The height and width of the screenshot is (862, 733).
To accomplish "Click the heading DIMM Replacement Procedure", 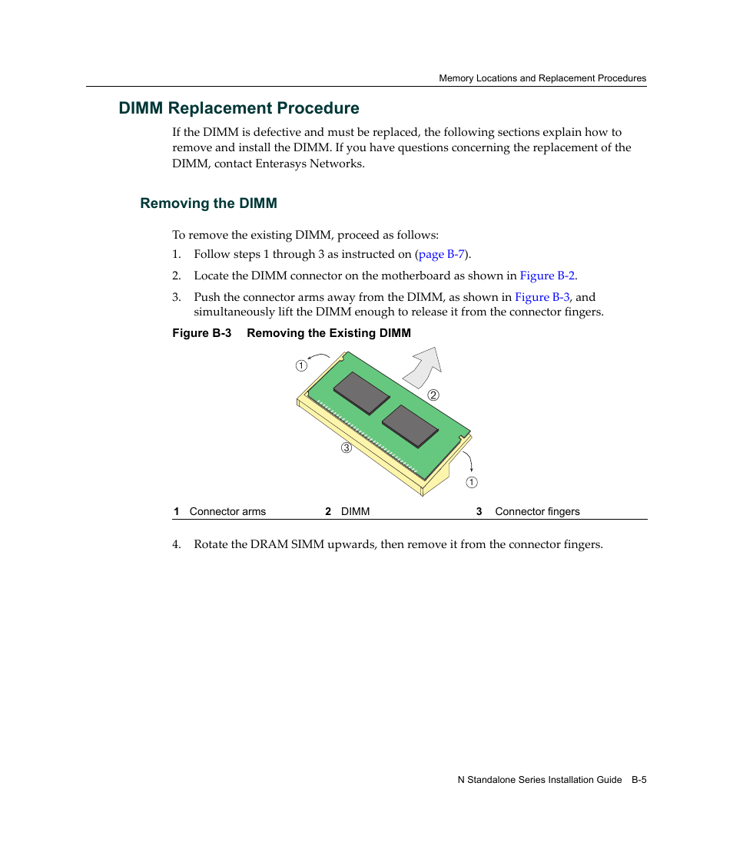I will [x=239, y=108].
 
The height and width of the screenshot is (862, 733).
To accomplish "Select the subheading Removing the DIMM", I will [x=208, y=203].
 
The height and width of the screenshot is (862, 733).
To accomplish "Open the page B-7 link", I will [x=441, y=254].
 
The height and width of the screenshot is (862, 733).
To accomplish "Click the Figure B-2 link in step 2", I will [x=547, y=276].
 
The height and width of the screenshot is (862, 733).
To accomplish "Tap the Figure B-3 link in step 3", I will [x=542, y=297].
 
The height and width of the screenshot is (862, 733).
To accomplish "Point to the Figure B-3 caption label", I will [x=201, y=333].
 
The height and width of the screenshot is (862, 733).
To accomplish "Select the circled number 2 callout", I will [x=433, y=395].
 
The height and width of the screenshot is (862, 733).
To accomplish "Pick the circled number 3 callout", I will [x=347, y=448].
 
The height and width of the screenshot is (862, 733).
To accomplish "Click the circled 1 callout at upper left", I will [x=302, y=366].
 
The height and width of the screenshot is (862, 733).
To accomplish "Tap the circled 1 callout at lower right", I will [x=472, y=483].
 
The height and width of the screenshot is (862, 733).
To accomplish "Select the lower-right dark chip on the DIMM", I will [x=410, y=425].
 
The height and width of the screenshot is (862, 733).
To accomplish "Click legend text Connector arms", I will [x=227, y=512].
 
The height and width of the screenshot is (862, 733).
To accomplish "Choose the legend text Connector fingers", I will [x=537, y=512].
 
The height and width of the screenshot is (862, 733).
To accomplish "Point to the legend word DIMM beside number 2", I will [x=355, y=512].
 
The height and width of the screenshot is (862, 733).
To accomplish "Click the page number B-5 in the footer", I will [x=639, y=780].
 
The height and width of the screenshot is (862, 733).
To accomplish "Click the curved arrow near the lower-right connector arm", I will [x=470, y=461].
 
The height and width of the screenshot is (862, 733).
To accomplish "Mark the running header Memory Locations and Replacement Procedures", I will [x=542, y=78].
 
